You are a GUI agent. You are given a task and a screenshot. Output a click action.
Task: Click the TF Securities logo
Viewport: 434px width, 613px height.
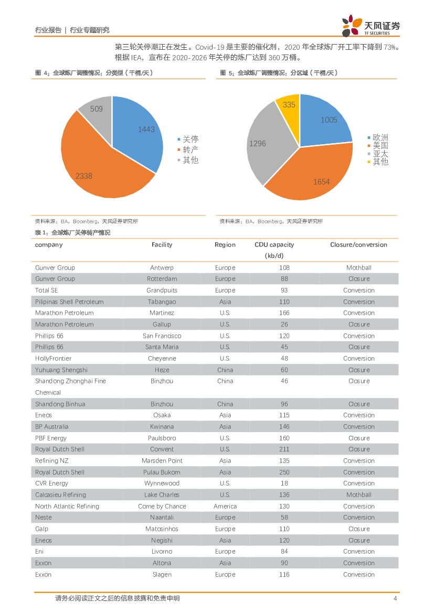[371, 26]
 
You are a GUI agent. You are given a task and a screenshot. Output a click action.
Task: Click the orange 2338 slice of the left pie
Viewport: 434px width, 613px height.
[100, 168]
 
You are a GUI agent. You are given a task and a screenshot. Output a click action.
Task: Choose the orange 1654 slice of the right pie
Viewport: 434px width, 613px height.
[315, 173]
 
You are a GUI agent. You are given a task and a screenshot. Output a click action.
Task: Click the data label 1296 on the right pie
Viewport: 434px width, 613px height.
[258, 143]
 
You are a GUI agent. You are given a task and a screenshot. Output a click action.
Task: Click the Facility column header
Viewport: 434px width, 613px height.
[162, 245]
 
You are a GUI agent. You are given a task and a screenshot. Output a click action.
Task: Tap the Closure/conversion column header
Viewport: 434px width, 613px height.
[358, 245]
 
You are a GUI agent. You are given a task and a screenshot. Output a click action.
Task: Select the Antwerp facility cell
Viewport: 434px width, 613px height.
[162, 267]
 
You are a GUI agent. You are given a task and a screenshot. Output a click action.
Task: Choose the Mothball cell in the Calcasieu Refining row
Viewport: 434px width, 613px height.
[358, 495]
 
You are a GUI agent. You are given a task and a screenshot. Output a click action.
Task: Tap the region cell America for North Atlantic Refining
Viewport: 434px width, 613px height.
[225, 507]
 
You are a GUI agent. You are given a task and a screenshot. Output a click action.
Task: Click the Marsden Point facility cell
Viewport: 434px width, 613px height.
[162, 461]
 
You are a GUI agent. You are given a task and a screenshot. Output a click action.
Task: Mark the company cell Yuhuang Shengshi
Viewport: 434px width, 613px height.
[61, 370]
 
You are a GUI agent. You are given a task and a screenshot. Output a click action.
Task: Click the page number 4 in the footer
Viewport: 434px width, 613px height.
[395, 598]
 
